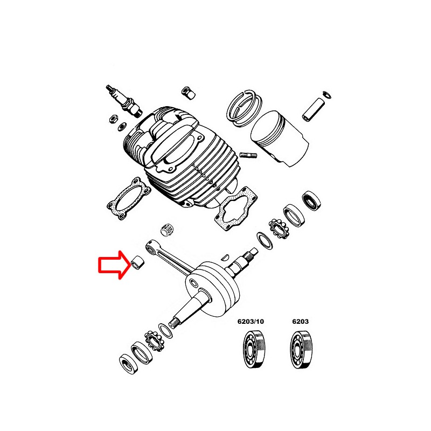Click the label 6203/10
pos(251,322)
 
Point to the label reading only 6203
pos(300,322)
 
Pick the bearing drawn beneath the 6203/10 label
pos(251,350)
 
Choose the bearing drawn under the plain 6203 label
pos(300,350)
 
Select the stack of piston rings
pos(244,108)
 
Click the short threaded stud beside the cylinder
pos(249,157)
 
